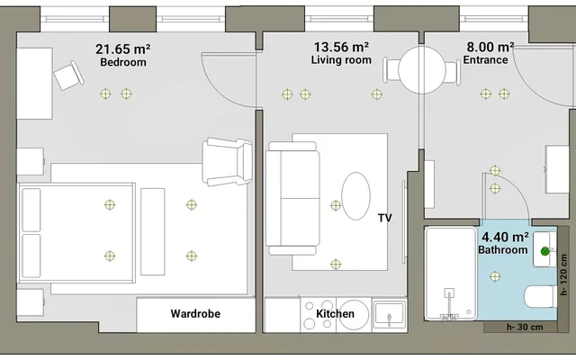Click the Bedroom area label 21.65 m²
coord(122,49)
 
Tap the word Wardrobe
coord(195,314)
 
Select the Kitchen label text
coord(335,314)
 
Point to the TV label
coord(385,218)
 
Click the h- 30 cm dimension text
coord(525,327)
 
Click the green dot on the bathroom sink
coord(545,251)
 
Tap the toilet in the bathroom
coord(541,297)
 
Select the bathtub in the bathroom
coord(451,274)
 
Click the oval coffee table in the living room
coord(356,196)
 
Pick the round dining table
coord(422,70)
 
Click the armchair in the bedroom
coord(228,162)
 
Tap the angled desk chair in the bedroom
coord(68,76)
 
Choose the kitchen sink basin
coord(390,313)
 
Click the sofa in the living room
coord(292,198)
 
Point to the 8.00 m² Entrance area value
coord(490,47)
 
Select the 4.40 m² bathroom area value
coord(506,237)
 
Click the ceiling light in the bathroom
coord(495,276)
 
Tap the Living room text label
coord(341,60)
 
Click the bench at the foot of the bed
coord(153,232)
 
